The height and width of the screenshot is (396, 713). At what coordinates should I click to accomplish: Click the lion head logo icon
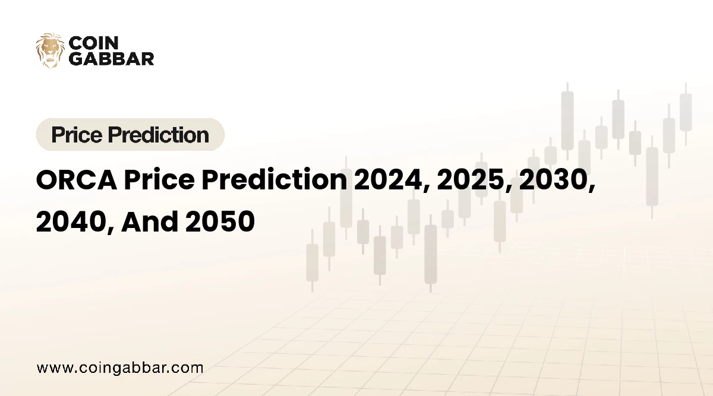51,50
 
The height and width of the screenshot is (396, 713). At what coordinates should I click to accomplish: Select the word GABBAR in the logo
112,58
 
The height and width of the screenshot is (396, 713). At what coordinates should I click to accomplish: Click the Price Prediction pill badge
130,135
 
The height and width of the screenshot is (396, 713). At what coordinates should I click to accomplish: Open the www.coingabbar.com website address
120,368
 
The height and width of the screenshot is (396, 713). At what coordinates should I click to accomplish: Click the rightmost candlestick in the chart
686,113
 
